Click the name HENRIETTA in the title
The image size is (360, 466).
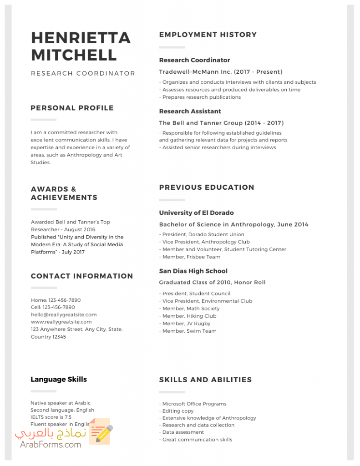coord(81,38)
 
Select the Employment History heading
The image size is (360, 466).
coord(208,35)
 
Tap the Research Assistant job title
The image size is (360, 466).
coord(190,111)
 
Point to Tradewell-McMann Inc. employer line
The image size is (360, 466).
coord(221,72)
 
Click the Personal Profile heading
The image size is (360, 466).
coord(72,108)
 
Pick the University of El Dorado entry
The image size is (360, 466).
coord(196,213)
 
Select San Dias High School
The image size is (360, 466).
coord(193,271)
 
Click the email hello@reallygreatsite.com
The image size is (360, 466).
coord(64,314)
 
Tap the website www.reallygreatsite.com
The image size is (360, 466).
coord(61,322)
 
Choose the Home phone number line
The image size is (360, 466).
coord(56,300)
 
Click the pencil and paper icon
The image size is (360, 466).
coord(100,431)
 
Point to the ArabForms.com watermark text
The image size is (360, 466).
coord(51,445)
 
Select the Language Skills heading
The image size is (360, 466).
coord(59,379)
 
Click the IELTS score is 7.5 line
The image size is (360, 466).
coord(51,417)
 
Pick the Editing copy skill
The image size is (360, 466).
coord(177,411)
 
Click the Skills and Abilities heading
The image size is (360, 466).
coord(205,380)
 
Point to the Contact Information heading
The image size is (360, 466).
coord(82,276)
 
